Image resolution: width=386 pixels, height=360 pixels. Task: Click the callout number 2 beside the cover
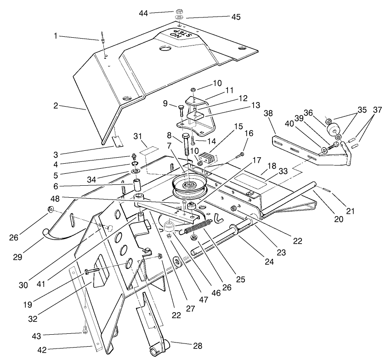(x=56, y=105)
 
